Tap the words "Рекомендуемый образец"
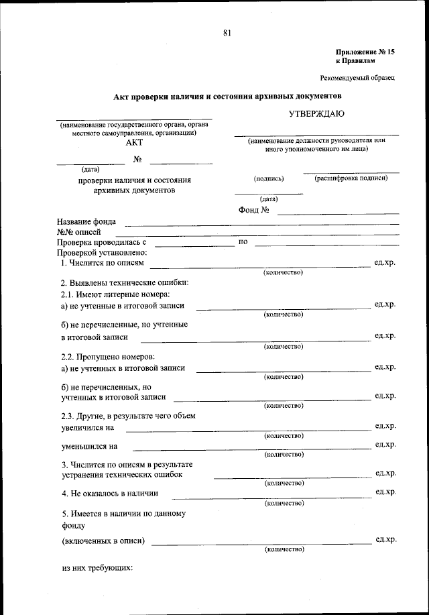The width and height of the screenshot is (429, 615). [x=357, y=78]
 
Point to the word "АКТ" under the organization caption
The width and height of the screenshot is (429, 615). [x=134, y=142]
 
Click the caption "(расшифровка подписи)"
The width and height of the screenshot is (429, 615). [x=351, y=178]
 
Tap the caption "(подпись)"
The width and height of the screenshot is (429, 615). [x=269, y=179]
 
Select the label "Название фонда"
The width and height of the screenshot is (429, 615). [x=86, y=222]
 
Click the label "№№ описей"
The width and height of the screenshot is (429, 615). [x=78, y=232]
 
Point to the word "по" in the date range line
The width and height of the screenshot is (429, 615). [x=243, y=241]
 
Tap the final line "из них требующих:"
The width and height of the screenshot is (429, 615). [x=97, y=568]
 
